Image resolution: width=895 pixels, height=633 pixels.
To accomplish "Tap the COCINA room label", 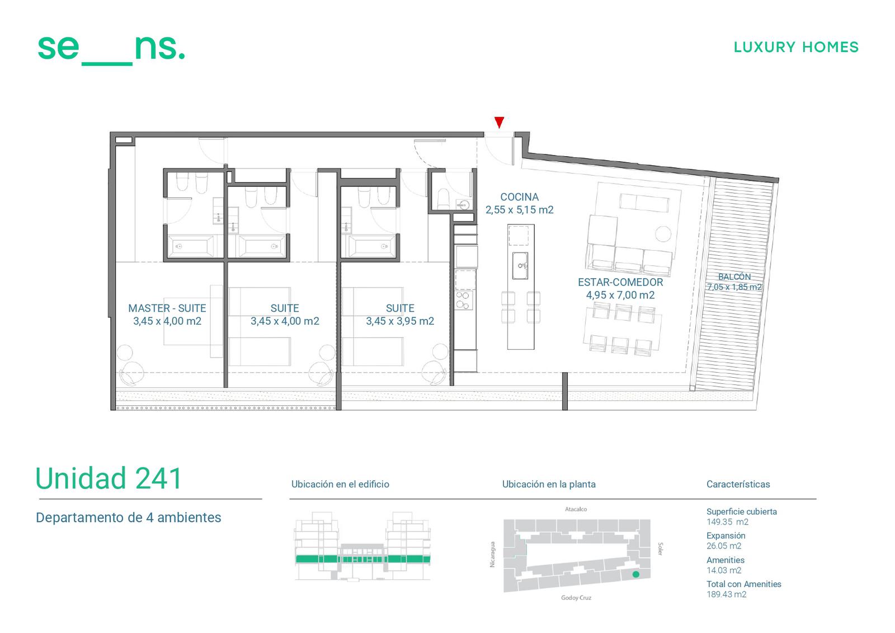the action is pyautogui.click(x=520, y=197).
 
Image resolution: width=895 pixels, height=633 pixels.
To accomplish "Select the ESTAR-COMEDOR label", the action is pyautogui.click(x=620, y=282).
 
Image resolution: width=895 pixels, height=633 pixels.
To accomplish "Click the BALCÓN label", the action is pyautogui.click(x=734, y=276).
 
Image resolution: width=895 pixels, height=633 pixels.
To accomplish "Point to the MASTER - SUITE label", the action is pyautogui.click(x=167, y=308).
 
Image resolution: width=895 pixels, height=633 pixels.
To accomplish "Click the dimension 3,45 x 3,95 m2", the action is pyautogui.click(x=400, y=321).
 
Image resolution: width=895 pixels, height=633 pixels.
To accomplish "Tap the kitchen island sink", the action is pyautogui.click(x=520, y=265).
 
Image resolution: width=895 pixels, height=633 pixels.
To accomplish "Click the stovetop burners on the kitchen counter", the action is pyautogui.click(x=464, y=301).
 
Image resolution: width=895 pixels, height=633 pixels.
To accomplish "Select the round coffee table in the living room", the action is pyautogui.click(x=663, y=234).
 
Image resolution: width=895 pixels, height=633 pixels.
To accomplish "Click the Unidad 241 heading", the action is pyautogui.click(x=109, y=479).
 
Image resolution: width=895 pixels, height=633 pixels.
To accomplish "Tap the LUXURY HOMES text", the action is pyautogui.click(x=796, y=47).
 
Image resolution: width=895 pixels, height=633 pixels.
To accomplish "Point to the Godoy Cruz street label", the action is pyautogui.click(x=576, y=598).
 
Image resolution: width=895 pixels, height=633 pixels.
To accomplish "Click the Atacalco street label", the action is pyautogui.click(x=576, y=509).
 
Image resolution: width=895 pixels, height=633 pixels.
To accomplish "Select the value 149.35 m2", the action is pyautogui.click(x=727, y=522).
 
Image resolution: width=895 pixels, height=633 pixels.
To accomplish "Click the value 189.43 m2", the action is pyautogui.click(x=727, y=594).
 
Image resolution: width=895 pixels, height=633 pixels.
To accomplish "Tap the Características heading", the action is pyautogui.click(x=738, y=484).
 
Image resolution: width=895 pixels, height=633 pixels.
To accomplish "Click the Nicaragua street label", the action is pyautogui.click(x=493, y=554).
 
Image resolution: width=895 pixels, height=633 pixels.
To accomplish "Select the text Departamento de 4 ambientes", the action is pyautogui.click(x=128, y=518).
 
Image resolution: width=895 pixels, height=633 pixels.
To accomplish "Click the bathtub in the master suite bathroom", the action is pyautogui.click(x=190, y=246).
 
